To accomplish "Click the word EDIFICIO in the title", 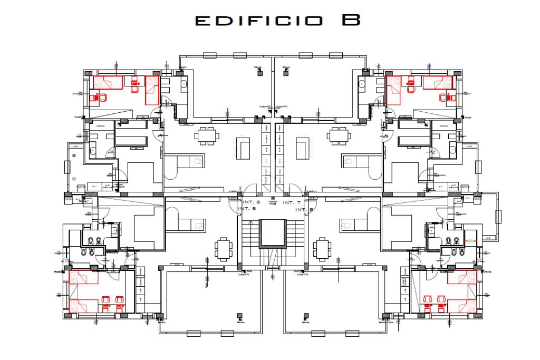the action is tap(258, 21).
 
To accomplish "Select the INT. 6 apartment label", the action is tap(250, 202).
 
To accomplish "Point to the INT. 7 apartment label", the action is tap(291, 202).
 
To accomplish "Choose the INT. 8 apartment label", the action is tap(300, 209).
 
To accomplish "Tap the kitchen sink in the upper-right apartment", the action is tap(349, 161).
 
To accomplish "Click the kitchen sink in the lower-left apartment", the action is tap(199, 225).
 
